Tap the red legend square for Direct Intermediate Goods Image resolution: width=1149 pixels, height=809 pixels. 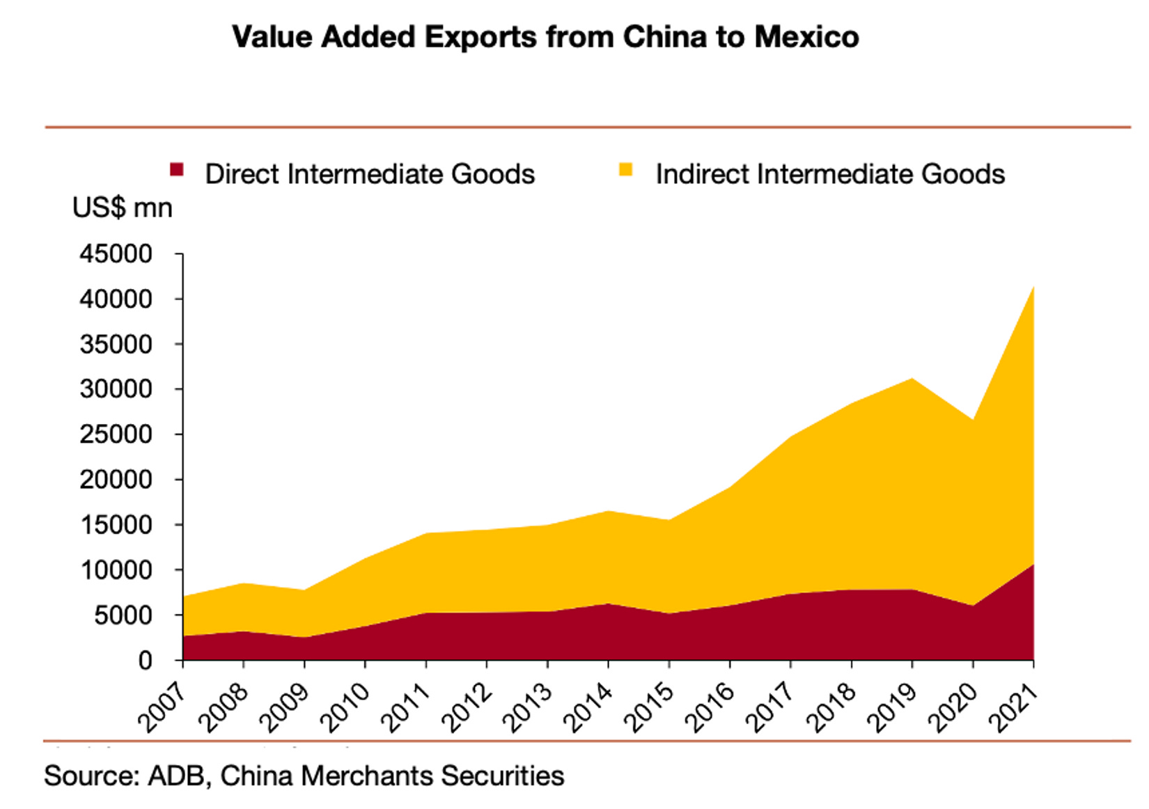click(x=177, y=169)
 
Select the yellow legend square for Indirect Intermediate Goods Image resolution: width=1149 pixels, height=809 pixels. click(x=625, y=169)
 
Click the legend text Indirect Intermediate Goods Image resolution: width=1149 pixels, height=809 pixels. click(x=830, y=174)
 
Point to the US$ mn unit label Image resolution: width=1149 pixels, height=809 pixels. click(x=122, y=207)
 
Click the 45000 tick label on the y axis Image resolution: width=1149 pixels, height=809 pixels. click(x=116, y=254)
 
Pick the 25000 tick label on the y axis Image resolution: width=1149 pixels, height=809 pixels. click(x=116, y=434)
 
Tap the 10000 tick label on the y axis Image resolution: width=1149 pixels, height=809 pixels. click(x=116, y=570)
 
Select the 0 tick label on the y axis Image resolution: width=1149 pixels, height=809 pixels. click(x=145, y=660)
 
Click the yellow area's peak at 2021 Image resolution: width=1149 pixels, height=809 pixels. click(x=1032, y=288)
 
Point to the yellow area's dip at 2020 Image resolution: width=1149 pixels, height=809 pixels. click(x=973, y=421)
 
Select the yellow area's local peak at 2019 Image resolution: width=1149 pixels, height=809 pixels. click(x=912, y=379)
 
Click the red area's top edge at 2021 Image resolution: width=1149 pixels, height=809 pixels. click(x=1032, y=565)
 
